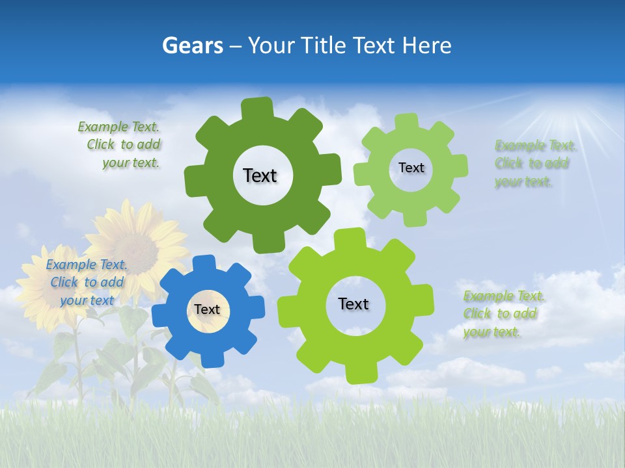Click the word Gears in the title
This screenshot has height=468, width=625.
tap(192, 45)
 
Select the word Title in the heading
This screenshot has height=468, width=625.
tap(325, 45)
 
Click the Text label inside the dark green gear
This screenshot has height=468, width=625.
tap(260, 175)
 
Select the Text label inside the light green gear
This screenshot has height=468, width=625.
tap(411, 168)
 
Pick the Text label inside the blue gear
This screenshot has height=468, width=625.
tap(207, 310)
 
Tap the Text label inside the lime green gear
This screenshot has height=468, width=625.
tap(354, 304)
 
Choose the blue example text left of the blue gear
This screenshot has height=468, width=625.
tap(86, 282)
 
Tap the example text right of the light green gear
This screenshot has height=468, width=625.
tap(533, 163)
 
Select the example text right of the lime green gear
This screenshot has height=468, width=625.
tap(502, 313)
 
